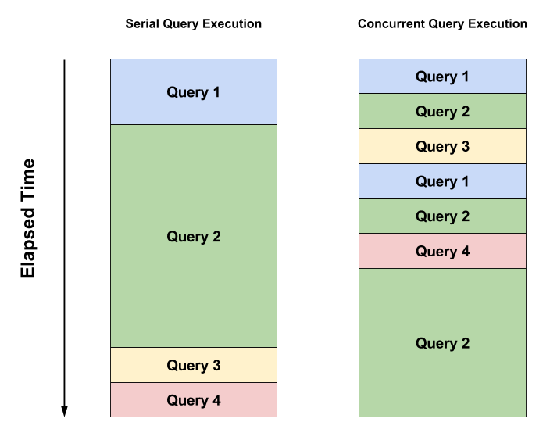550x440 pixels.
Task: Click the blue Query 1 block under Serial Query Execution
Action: click(x=194, y=92)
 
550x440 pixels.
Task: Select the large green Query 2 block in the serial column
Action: click(x=194, y=236)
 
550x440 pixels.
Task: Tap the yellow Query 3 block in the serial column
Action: click(x=194, y=365)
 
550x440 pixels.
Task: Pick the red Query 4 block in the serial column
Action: click(x=194, y=400)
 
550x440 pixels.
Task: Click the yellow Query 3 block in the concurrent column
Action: click(x=442, y=146)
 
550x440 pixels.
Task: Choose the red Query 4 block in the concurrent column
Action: click(x=442, y=251)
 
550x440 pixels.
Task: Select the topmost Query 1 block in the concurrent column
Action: click(x=442, y=77)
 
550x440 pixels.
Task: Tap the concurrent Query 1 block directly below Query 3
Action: click(x=442, y=181)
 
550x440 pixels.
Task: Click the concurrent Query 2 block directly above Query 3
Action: click(x=442, y=112)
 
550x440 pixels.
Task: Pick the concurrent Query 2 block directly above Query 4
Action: click(x=442, y=216)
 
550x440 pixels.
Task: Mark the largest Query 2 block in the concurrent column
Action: click(x=442, y=343)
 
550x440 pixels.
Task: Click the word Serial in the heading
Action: click(x=142, y=24)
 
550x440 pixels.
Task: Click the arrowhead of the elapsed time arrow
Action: click(x=65, y=411)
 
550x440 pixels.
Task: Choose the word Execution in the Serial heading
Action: click(x=231, y=24)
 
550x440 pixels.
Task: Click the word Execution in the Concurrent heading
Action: click(x=497, y=24)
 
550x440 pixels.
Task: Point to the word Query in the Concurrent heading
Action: click(x=445, y=24)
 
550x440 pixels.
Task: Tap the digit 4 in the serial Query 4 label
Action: click(x=216, y=400)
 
